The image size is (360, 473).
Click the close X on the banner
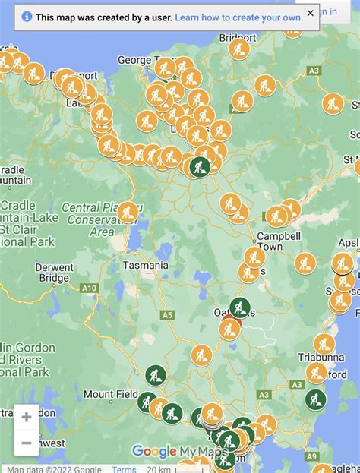pyautogui.click(x=310, y=13)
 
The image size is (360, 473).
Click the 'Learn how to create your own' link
pyautogui.click(x=239, y=16)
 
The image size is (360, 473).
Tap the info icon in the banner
pyautogui.click(x=27, y=16)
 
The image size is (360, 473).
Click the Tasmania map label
pyautogui.click(x=145, y=266)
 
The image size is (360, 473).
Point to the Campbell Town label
pyautogui.click(x=280, y=241)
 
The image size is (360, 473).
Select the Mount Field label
pyautogui.click(x=110, y=394)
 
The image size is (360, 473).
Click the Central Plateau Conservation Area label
pyautogui.click(x=90, y=220)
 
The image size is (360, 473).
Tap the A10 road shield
pyautogui.click(x=90, y=288)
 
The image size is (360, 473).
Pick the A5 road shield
pyautogui.click(x=167, y=314)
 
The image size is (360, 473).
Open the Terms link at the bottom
pyautogui.click(x=124, y=469)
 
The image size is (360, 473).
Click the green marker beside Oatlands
pyautogui.click(x=240, y=307)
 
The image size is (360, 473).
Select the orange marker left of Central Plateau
pyautogui.click(x=128, y=212)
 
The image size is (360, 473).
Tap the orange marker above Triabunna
pyautogui.click(x=324, y=343)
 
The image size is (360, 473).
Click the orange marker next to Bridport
pyautogui.click(x=239, y=50)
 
